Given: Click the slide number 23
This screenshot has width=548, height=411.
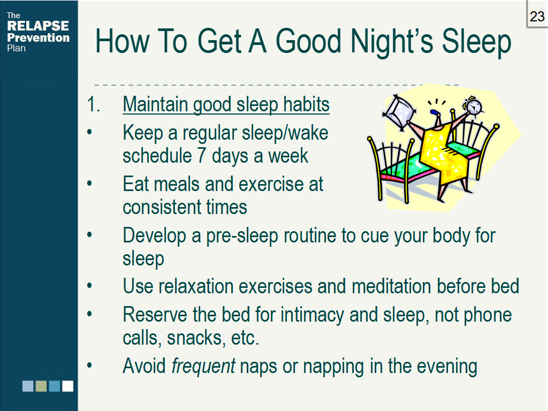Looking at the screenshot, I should (537, 17).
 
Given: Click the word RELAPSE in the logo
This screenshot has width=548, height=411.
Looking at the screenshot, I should (38, 26).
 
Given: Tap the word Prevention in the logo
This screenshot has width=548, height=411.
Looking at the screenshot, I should (39, 37).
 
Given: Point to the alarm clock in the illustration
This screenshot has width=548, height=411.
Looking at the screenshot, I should (473, 105).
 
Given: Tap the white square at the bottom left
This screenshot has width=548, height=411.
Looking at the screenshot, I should (67, 386).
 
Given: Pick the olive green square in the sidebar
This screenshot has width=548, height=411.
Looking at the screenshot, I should (41, 386).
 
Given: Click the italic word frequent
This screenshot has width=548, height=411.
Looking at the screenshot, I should (203, 367).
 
